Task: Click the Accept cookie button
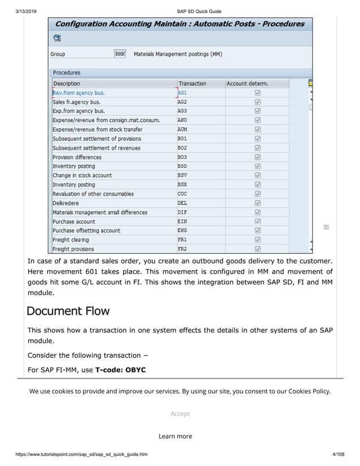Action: click(x=180, y=414)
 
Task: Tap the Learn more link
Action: click(x=175, y=436)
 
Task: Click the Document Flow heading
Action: click(x=68, y=311)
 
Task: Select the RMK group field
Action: click(x=120, y=54)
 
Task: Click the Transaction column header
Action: click(x=192, y=83)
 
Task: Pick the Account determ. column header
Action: click(x=247, y=83)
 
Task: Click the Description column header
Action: click(x=67, y=83)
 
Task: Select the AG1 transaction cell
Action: click(x=182, y=93)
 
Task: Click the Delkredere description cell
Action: click(x=65, y=203)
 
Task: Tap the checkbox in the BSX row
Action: click(x=257, y=184)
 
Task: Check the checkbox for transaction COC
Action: click(x=257, y=194)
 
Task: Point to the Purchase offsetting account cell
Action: click(x=86, y=231)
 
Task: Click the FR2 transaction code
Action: click(x=182, y=249)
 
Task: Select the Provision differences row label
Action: click(x=77, y=157)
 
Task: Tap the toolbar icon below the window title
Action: click(x=56, y=38)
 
